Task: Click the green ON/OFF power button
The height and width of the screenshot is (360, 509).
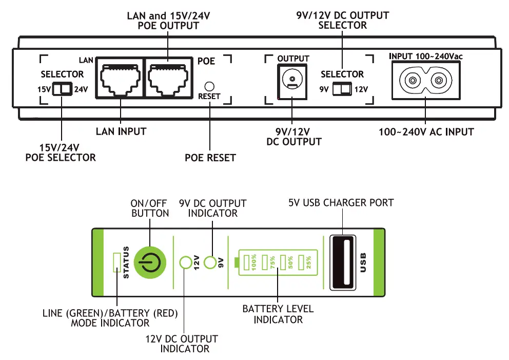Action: pyautogui.click(x=150, y=262)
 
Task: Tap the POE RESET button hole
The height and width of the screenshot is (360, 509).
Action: pyautogui.click(x=209, y=86)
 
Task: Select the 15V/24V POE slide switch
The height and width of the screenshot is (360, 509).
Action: pyautogui.click(x=62, y=89)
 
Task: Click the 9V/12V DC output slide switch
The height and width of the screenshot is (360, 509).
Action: pyautogui.click(x=342, y=89)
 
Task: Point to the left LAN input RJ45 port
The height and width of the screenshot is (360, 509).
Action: pyautogui.click(x=121, y=78)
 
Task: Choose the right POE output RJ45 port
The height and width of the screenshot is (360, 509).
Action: pyautogui.click(x=168, y=78)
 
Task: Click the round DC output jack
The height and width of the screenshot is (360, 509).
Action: pyautogui.click(x=292, y=79)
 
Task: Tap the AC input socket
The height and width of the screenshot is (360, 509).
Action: pyautogui.click(x=425, y=80)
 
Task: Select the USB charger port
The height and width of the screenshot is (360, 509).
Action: pyautogui.click(x=342, y=262)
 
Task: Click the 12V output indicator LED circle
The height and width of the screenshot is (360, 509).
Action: pyautogui.click(x=186, y=262)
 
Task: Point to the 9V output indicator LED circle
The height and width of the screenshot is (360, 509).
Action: pyautogui.click(x=210, y=262)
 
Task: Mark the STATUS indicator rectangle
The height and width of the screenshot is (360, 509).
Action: pyautogui.click(x=117, y=262)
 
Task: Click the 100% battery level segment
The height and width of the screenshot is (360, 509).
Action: pyautogui.click(x=246, y=262)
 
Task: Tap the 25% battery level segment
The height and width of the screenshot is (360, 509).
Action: pyautogui.click(x=301, y=262)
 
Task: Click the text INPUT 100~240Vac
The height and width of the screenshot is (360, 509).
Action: pyautogui.click(x=425, y=56)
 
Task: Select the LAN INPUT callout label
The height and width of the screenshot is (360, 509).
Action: pyautogui.click(x=121, y=131)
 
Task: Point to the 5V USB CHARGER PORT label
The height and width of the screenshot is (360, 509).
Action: pyautogui.click(x=341, y=203)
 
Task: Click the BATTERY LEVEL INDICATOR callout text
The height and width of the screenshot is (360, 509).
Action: pyautogui.click(x=278, y=314)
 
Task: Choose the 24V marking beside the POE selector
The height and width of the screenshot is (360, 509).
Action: pyautogui.click(x=81, y=89)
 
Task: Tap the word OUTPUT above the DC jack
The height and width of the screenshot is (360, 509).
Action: pyautogui.click(x=293, y=59)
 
